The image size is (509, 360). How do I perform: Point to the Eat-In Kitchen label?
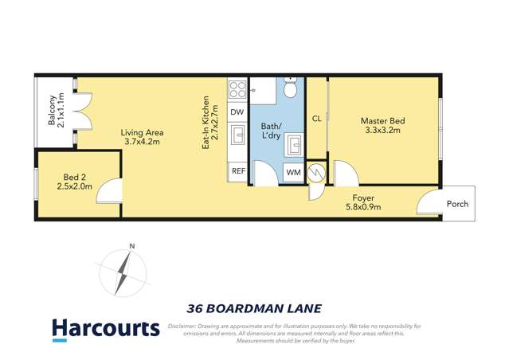pyautogui.click(x=209, y=123)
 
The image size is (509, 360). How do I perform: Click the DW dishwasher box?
pyautogui.click(x=237, y=112)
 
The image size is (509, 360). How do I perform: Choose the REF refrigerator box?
pyautogui.click(x=237, y=171)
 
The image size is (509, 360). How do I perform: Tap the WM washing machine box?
pyautogui.click(x=292, y=172)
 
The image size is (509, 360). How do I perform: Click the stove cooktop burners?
pyautogui.click(x=237, y=89)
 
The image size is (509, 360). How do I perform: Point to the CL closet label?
pyautogui.click(x=316, y=119)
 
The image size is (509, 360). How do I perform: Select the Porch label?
pyautogui.click(x=457, y=204)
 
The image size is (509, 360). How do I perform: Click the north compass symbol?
pyautogui.click(x=123, y=271)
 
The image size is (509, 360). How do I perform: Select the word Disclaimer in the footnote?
pyautogui.click(x=186, y=326)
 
